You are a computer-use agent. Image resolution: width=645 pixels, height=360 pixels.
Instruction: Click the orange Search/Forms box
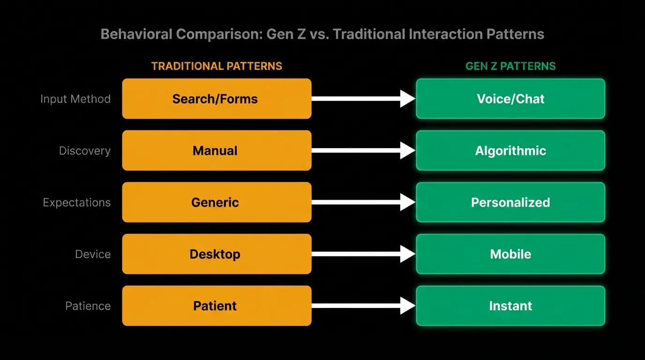[x=217, y=98]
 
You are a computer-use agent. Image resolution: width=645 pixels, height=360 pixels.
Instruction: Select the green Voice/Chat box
[x=510, y=98]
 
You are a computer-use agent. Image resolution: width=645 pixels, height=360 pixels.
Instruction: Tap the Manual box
[x=217, y=150]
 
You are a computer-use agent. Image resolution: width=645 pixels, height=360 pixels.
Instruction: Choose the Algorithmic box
[x=510, y=150]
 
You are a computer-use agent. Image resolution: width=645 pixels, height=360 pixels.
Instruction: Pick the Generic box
[x=217, y=202]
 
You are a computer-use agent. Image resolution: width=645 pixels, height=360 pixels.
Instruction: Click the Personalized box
[x=510, y=202]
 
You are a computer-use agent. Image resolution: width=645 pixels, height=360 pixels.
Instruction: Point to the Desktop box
[x=217, y=254]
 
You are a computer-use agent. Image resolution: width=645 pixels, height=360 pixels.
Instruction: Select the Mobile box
[x=510, y=254]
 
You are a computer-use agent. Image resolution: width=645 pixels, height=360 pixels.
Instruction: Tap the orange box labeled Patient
[x=217, y=306]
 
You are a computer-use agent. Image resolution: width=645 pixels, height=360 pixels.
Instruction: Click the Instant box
[x=510, y=306]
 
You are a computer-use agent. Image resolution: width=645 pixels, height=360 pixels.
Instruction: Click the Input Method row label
[x=75, y=99]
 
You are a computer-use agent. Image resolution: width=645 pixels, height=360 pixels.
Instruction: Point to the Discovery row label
[x=85, y=151]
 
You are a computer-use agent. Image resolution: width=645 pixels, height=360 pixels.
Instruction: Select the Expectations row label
[x=77, y=203]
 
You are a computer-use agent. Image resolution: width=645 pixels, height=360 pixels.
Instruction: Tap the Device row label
[x=93, y=255]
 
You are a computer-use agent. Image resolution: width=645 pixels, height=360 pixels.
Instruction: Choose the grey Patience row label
[x=88, y=306]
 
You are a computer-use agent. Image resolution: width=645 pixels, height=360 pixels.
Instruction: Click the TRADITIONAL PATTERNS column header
[x=217, y=66]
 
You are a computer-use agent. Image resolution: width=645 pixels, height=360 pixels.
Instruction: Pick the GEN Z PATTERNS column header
[x=510, y=66]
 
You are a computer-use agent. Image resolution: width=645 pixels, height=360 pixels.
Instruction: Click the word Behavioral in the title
[x=136, y=34]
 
